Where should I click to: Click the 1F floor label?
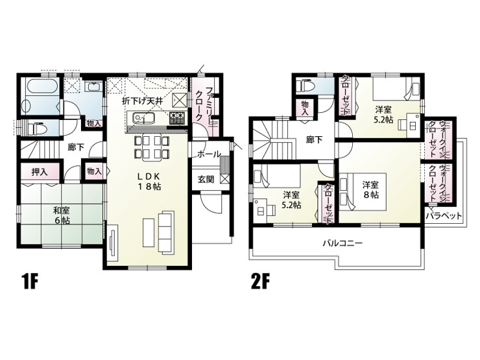[x=30, y=282]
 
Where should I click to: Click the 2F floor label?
[x=259, y=282]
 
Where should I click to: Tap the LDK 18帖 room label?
[x=149, y=181]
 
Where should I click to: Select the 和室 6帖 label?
[x=62, y=215]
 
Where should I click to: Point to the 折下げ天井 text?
[x=142, y=101]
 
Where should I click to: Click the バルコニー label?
[x=343, y=243]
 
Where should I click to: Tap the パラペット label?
[x=444, y=216]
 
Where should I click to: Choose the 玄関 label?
[x=206, y=180]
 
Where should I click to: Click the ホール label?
[x=209, y=154]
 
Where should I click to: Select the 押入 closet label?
[x=40, y=172]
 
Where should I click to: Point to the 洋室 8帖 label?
[x=371, y=190]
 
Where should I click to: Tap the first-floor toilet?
[x=36, y=128]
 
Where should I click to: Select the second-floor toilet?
[x=306, y=85]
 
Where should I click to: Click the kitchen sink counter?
[x=144, y=118]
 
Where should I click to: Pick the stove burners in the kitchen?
[x=177, y=118]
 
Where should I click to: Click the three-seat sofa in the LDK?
[x=166, y=232]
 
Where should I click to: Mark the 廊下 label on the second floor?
[x=315, y=140]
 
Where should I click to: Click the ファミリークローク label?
[x=204, y=104]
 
